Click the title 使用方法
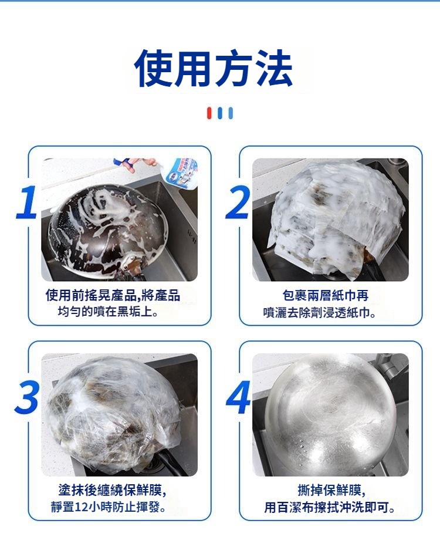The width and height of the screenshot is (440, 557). click(x=214, y=68)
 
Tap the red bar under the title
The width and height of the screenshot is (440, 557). click(x=209, y=113)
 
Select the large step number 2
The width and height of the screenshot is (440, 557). click(x=238, y=202)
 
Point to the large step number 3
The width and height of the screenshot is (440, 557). click(x=26, y=397)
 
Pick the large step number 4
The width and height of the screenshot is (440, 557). click(x=238, y=397)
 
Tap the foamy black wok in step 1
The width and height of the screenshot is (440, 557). click(x=108, y=231)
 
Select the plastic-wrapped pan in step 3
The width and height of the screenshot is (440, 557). click(x=114, y=412)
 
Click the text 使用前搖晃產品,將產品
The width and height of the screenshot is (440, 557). click(x=113, y=295)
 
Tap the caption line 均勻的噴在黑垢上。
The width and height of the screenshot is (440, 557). click(x=108, y=312)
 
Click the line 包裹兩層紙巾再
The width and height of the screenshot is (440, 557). click(x=325, y=295)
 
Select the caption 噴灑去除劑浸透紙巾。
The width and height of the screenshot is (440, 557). click(x=320, y=312)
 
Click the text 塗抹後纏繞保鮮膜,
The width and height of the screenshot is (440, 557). click(x=113, y=490)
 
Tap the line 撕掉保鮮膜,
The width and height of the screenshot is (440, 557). click(x=331, y=490)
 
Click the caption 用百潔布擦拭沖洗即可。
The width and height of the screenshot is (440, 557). click(x=330, y=507)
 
